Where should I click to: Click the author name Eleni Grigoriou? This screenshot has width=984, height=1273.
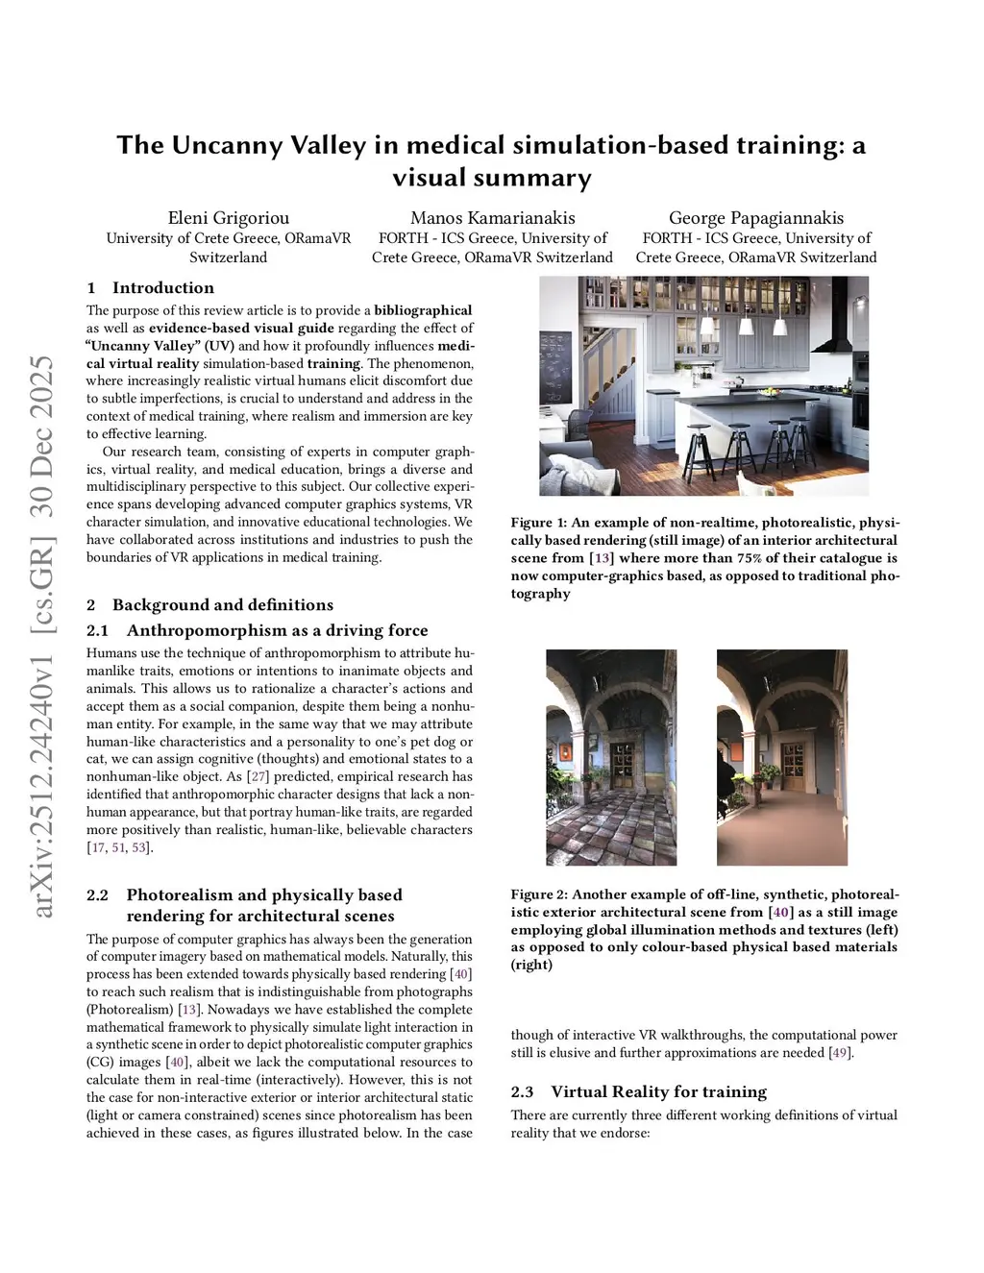point(228,218)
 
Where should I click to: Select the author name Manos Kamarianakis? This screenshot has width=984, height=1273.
point(492,218)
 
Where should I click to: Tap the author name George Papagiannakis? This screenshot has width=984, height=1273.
point(755,218)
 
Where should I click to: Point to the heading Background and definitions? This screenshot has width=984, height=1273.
point(222,604)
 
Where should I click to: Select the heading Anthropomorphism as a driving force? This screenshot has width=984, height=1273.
point(277,630)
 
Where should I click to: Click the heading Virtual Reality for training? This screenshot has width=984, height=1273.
point(658,1091)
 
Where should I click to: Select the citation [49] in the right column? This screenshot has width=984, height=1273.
point(839,1053)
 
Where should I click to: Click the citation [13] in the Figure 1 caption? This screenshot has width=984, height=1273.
point(602,558)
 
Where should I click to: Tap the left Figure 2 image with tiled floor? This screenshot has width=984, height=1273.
point(610,757)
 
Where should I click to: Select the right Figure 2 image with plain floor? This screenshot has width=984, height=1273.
point(781,757)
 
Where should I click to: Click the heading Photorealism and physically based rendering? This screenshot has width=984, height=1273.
point(263,905)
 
